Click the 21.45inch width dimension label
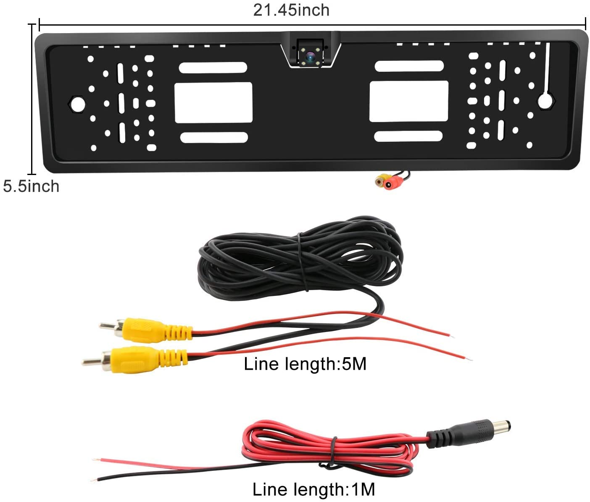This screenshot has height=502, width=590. tap(291, 10)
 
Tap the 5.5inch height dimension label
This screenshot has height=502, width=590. tap(31, 186)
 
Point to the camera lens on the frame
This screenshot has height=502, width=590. tap(310, 56)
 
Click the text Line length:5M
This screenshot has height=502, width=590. tap(305, 364)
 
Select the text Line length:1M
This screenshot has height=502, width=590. tap(313, 489)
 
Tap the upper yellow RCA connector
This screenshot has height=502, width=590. tap(145, 330)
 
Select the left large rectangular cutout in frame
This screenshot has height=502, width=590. tap(213, 102)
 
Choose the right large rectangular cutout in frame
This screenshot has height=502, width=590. tap(409, 101)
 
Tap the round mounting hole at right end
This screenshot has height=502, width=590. tap(546, 100)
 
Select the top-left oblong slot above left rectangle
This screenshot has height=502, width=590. tap(213, 68)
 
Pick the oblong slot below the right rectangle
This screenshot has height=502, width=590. tap(408, 136)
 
